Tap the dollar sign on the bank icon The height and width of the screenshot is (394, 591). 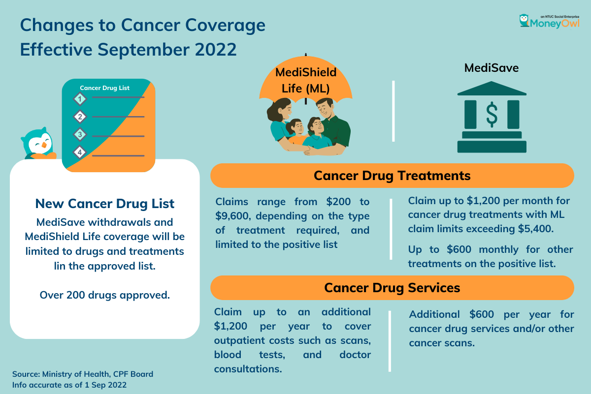tap(492, 114)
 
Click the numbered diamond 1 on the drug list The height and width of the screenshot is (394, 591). tap(80, 99)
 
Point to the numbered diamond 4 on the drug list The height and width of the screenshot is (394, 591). tap(80, 152)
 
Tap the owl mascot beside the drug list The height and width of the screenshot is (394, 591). tap(38, 144)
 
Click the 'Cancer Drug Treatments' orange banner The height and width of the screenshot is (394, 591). tap(392, 176)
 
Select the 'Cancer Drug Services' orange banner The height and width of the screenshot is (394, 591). tap(392, 288)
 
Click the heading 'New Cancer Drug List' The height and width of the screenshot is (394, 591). tap(105, 204)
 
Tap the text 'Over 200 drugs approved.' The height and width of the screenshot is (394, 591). tap(105, 295)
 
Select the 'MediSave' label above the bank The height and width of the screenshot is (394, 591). tap(492, 68)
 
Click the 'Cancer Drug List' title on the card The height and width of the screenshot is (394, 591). tap(105, 88)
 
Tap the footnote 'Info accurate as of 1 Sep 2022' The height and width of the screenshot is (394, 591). tap(69, 385)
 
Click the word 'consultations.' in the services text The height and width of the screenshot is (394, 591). tap(248, 368)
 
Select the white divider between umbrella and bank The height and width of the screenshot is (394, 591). tap(394, 111)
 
